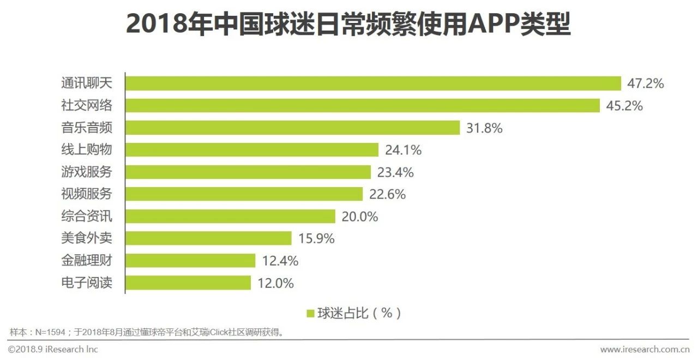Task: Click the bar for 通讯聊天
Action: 373,83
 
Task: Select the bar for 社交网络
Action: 362,106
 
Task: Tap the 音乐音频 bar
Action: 293,128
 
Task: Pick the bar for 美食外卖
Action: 208,238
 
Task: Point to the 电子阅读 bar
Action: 188,283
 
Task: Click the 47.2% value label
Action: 646,83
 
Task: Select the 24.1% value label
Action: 403,150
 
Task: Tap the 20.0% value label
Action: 359,217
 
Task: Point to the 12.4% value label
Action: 280,261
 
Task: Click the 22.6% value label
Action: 387,194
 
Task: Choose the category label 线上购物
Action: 86,150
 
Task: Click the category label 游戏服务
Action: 86,172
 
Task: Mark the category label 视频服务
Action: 86,194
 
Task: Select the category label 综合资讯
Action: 86,217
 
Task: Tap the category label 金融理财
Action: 86,261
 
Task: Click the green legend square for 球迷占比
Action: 310,314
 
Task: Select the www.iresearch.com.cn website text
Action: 645,349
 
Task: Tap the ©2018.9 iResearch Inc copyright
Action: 53,349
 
